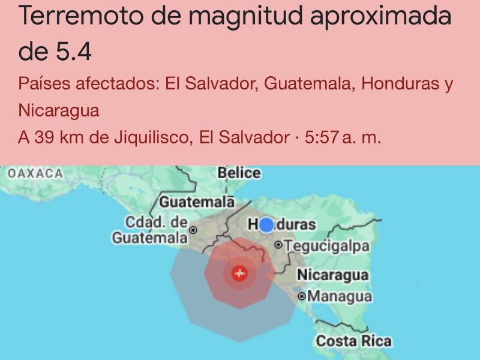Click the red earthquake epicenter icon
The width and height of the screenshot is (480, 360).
click(x=240, y=274)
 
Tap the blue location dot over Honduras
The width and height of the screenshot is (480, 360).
click(x=266, y=225)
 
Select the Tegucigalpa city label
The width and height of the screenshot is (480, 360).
click(x=327, y=245)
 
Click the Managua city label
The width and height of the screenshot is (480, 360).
click(x=340, y=296)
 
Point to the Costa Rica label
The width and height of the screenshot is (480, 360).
click(x=353, y=341)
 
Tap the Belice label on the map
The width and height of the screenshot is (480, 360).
click(x=239, y=173)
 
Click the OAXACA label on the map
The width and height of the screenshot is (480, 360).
click(x=35, y=173)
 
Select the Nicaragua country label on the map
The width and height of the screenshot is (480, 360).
click(x=333, y=275)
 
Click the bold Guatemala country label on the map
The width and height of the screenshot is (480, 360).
click(x=196, y=201)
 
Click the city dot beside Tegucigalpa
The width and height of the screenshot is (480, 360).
click(x=278, y=245)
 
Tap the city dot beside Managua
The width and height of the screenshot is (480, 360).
click(x=302, y=296)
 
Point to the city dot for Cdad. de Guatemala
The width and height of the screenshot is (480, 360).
click(x=194, y=230)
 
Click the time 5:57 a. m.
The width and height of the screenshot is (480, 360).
click(x=343, y=137)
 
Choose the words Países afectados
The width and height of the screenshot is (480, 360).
click(x=86, y=84)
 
